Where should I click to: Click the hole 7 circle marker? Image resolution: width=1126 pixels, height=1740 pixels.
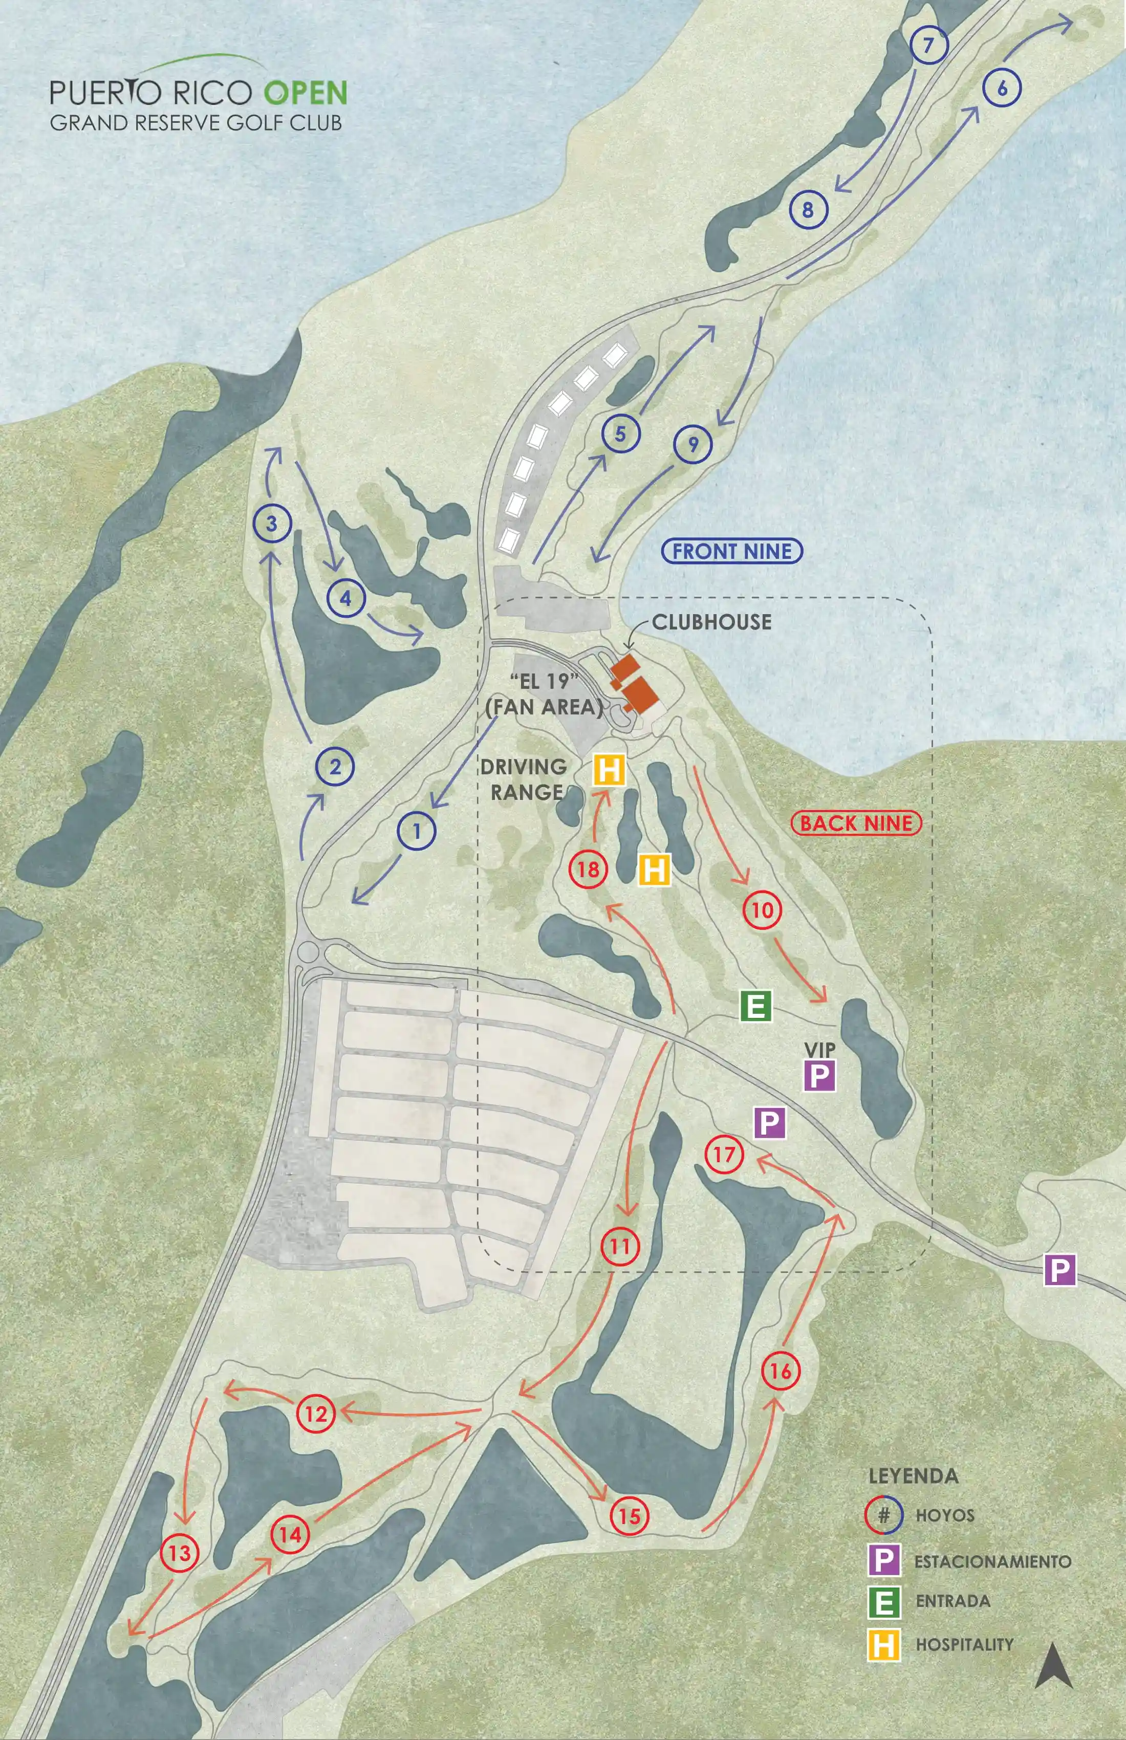(x=928, y=46)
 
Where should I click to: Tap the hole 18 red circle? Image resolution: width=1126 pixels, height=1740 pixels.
(x=588, y=869)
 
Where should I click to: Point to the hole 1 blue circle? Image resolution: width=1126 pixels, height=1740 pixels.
(x=417, y=831)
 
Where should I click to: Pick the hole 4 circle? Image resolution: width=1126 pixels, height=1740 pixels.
(x=346, y=598)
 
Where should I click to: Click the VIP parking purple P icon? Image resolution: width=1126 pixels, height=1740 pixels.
(x=819, y=1075)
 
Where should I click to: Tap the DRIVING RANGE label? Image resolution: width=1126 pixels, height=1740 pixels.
(x=524, y=779)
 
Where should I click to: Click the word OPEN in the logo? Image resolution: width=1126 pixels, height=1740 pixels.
(x=305, y=92)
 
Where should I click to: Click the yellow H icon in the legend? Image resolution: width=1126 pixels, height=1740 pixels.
(x=883, y=1645)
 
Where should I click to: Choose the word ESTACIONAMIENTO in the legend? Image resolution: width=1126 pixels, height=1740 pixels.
(x=992, y=1561)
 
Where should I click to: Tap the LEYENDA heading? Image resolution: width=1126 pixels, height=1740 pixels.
(x=913, y=1475)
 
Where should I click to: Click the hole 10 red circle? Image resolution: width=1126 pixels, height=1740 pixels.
(x=763, y=910)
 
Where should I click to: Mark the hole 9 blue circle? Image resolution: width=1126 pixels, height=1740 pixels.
(x=693, y=444)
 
